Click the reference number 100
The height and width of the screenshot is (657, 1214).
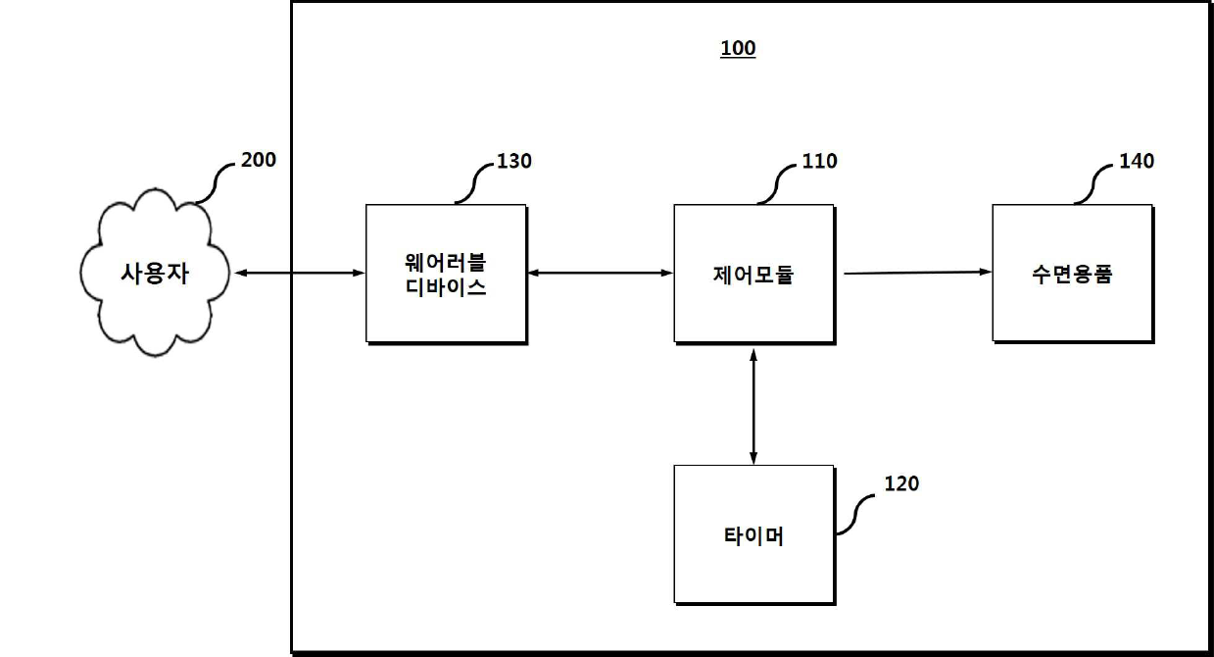pyautogui.click(x=738, y=49)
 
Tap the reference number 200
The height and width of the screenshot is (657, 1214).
pyautogui.click(x=259, y=159)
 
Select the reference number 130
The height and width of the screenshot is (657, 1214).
pyautogui.click(x=513, y=161)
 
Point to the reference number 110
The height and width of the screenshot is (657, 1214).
pyautogui.click(x=819, y=161)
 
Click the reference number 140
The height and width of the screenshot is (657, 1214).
pyautogui.click(x=1137, y=161)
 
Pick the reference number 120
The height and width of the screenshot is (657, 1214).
pyautogui.click(x=901, y=482)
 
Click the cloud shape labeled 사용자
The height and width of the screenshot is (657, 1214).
pyautogui.click(x=155, y=274)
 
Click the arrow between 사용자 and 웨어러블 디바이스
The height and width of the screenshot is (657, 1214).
pyautogui.click(x=298, y=274)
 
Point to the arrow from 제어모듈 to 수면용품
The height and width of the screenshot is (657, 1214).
pyautogui.click(x=917, y=273)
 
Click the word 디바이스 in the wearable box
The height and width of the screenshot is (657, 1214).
pyautogui.click(x=446, y=289)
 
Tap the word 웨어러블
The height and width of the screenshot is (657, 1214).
pyautogui.click(x=446, y=263)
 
